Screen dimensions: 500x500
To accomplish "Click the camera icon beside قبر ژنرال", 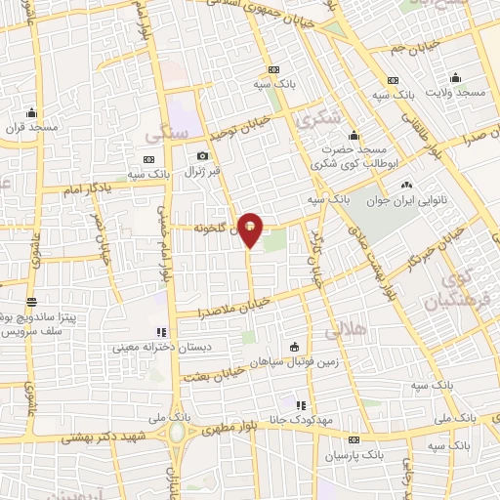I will pos(202,156).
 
